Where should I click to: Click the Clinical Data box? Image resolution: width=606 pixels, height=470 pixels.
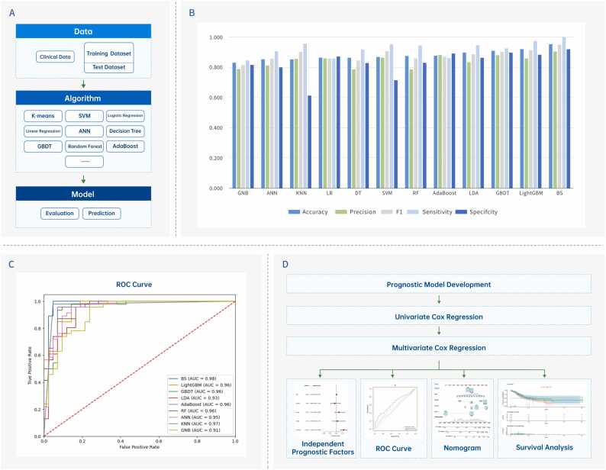(x=54, y=56)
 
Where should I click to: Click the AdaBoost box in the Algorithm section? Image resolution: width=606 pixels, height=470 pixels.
(x=124, y=144)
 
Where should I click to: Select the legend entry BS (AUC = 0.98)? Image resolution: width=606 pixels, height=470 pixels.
(x=198, y=378)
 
